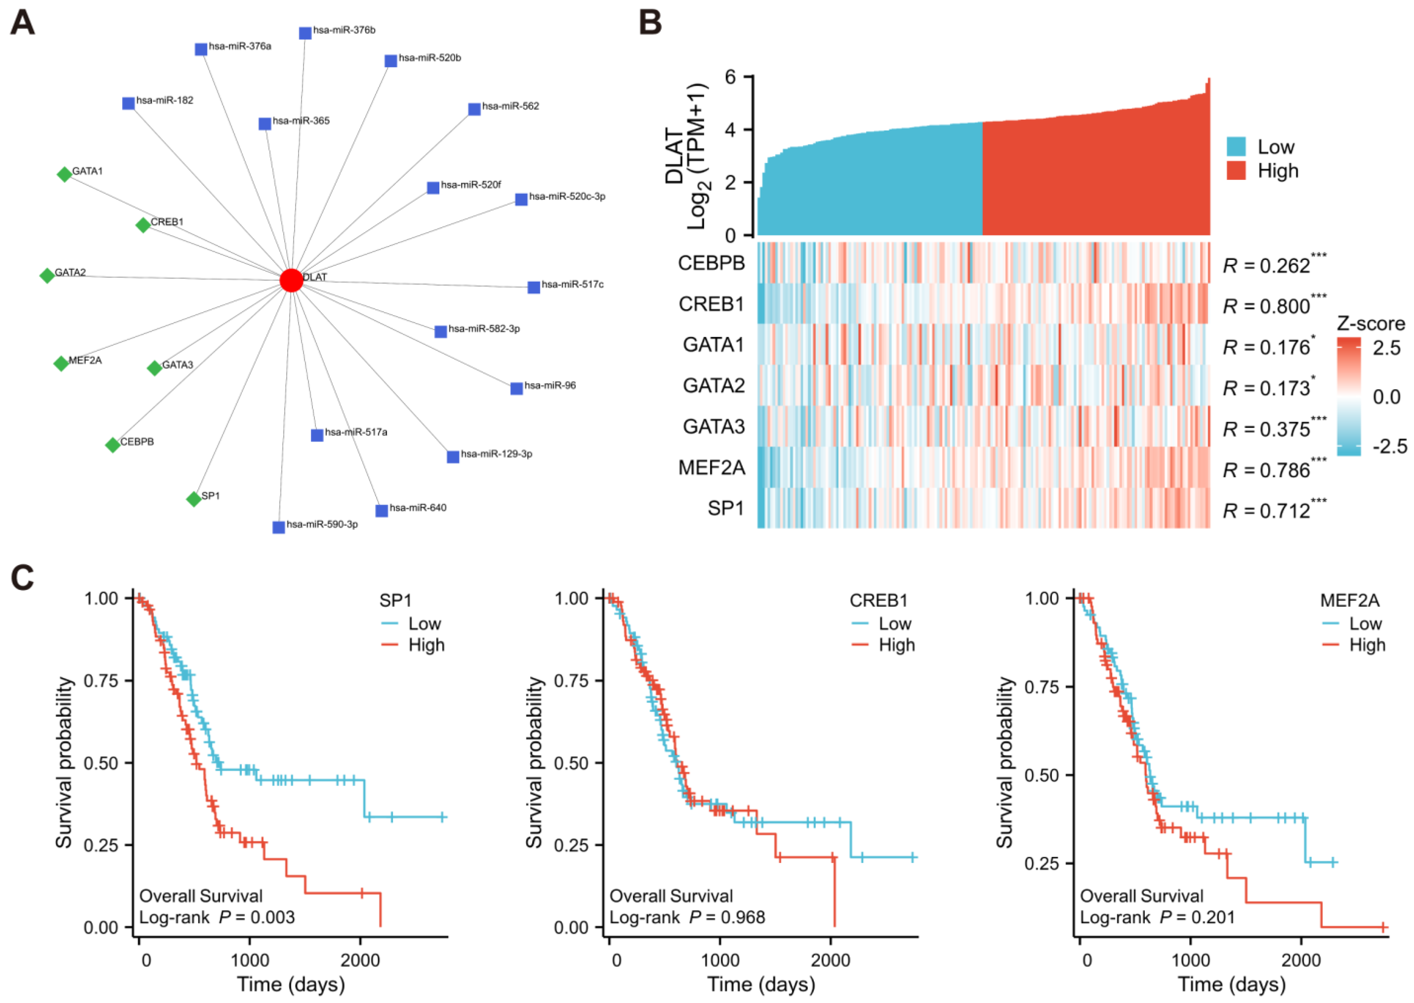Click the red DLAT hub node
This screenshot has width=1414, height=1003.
(291, 280)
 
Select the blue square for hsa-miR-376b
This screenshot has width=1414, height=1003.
(305, 33)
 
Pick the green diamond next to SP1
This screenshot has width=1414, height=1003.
(194, 498)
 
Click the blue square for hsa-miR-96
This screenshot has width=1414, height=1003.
(516, 389)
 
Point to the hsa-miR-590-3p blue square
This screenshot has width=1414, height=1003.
(279, 527)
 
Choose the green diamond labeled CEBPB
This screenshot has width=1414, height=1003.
(113, 445)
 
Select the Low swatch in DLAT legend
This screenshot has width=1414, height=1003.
(1236, 147)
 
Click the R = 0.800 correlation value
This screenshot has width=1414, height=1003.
(1266, 306)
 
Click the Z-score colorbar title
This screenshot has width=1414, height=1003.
(1370, 324)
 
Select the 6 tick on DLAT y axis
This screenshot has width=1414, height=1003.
(731, 77)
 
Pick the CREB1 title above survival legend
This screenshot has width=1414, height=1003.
(878, 600)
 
